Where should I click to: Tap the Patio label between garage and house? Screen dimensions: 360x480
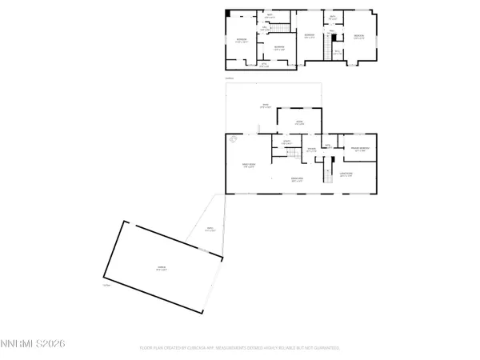(x=210, y=230)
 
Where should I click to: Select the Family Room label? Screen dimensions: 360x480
(x=249, y=166)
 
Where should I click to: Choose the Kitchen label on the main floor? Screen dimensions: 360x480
(x=298, y=122)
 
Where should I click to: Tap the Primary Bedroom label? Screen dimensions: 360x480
(x=358, y=150)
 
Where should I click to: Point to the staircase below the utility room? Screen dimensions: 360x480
(x=293, y=154)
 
